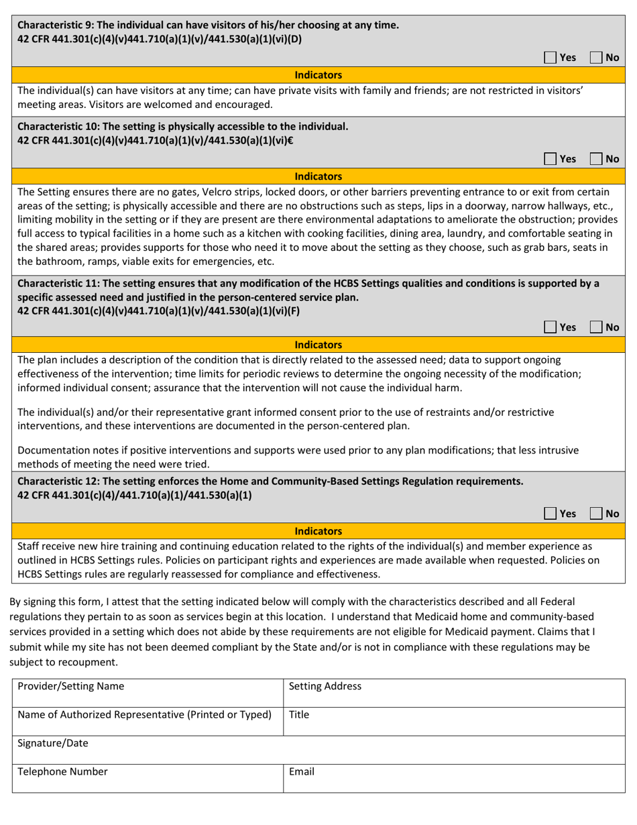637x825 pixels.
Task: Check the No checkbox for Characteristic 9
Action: coord(595,58)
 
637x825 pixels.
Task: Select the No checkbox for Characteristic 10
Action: coord(595,160)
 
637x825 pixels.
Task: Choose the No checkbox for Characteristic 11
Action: coord(595,327)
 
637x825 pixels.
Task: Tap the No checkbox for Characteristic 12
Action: coord(595,514)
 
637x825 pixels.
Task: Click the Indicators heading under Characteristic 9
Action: coord(318,75)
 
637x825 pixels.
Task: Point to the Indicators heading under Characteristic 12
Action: coord(318,531)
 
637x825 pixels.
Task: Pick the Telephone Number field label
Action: coord(62,771)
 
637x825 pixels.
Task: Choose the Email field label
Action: coord(302,771)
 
